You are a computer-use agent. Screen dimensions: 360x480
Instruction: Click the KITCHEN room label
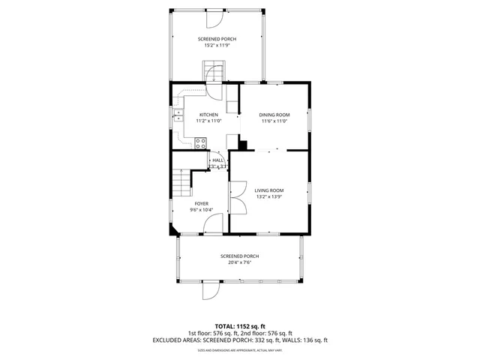pos(208,115)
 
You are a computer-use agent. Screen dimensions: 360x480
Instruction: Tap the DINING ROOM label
pos(274,115)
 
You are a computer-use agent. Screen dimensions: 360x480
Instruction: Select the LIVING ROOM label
pos(268,190)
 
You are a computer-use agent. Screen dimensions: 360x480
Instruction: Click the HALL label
pos(217,160)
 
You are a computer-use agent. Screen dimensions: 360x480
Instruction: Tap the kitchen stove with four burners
pos(201,142)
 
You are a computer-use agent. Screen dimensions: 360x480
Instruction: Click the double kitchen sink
pos(178,115)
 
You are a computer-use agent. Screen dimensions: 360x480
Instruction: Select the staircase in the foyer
pos(181,182)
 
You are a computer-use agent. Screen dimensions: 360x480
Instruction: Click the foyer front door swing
pos(213,223)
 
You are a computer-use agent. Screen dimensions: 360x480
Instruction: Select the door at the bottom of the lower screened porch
pos(211,289)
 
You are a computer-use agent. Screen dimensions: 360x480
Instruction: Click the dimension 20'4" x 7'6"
pos(240,262)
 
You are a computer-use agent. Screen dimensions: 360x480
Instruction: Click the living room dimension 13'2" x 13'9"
pos(268,197)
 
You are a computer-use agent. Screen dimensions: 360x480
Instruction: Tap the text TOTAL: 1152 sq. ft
pos(240,327)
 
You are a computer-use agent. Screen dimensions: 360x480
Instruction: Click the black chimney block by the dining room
pos(242,144)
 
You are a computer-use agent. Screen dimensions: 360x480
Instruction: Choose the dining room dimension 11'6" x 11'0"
pos(274,121)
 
